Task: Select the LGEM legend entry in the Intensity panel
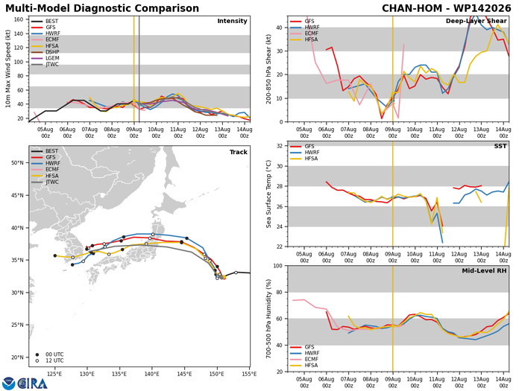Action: point(45,58)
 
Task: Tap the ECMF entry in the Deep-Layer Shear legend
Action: point(304,34)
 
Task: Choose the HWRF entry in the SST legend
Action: point(304,152)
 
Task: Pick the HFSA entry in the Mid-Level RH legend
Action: point(304,366)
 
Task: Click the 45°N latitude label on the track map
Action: point(17,195)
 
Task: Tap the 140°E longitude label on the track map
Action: point(152,374)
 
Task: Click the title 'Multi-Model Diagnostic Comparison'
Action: point(102,8)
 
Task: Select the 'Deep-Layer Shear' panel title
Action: point(476,21)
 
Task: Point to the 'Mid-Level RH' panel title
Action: point(484,270)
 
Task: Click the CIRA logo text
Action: point(32,384)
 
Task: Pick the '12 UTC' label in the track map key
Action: point(54,360)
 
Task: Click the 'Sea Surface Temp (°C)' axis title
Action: point(268,194)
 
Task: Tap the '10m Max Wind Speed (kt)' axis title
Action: point(7,69)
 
